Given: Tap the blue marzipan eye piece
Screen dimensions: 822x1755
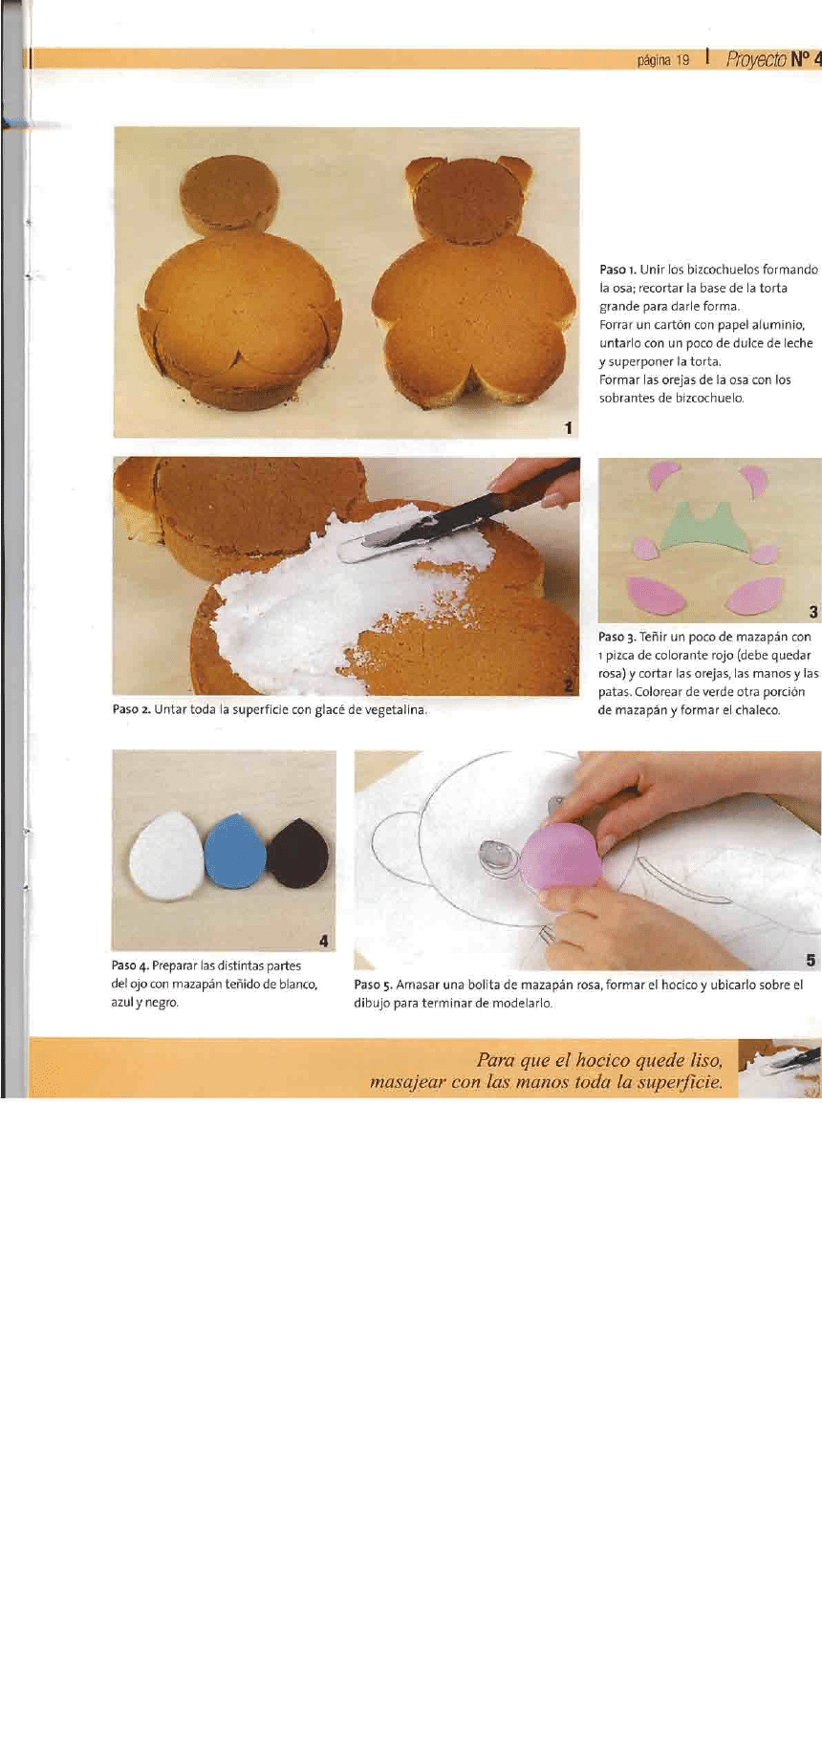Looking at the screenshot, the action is pyautogui.click(x=235, y=851).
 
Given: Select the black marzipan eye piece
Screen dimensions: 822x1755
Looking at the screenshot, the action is pyautogui.click(x=298, y=853).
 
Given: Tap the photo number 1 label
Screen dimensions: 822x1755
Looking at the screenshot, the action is pyautogui.click(x=569, y=428).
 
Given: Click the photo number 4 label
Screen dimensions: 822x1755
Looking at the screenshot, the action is pyautogui.click(x=324, y=941).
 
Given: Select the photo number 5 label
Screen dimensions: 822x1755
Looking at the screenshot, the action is pyautogui.click(x=811, y=960).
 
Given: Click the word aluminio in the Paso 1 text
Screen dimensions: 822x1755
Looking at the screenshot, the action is pyautogui.click(x=778, y=325).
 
